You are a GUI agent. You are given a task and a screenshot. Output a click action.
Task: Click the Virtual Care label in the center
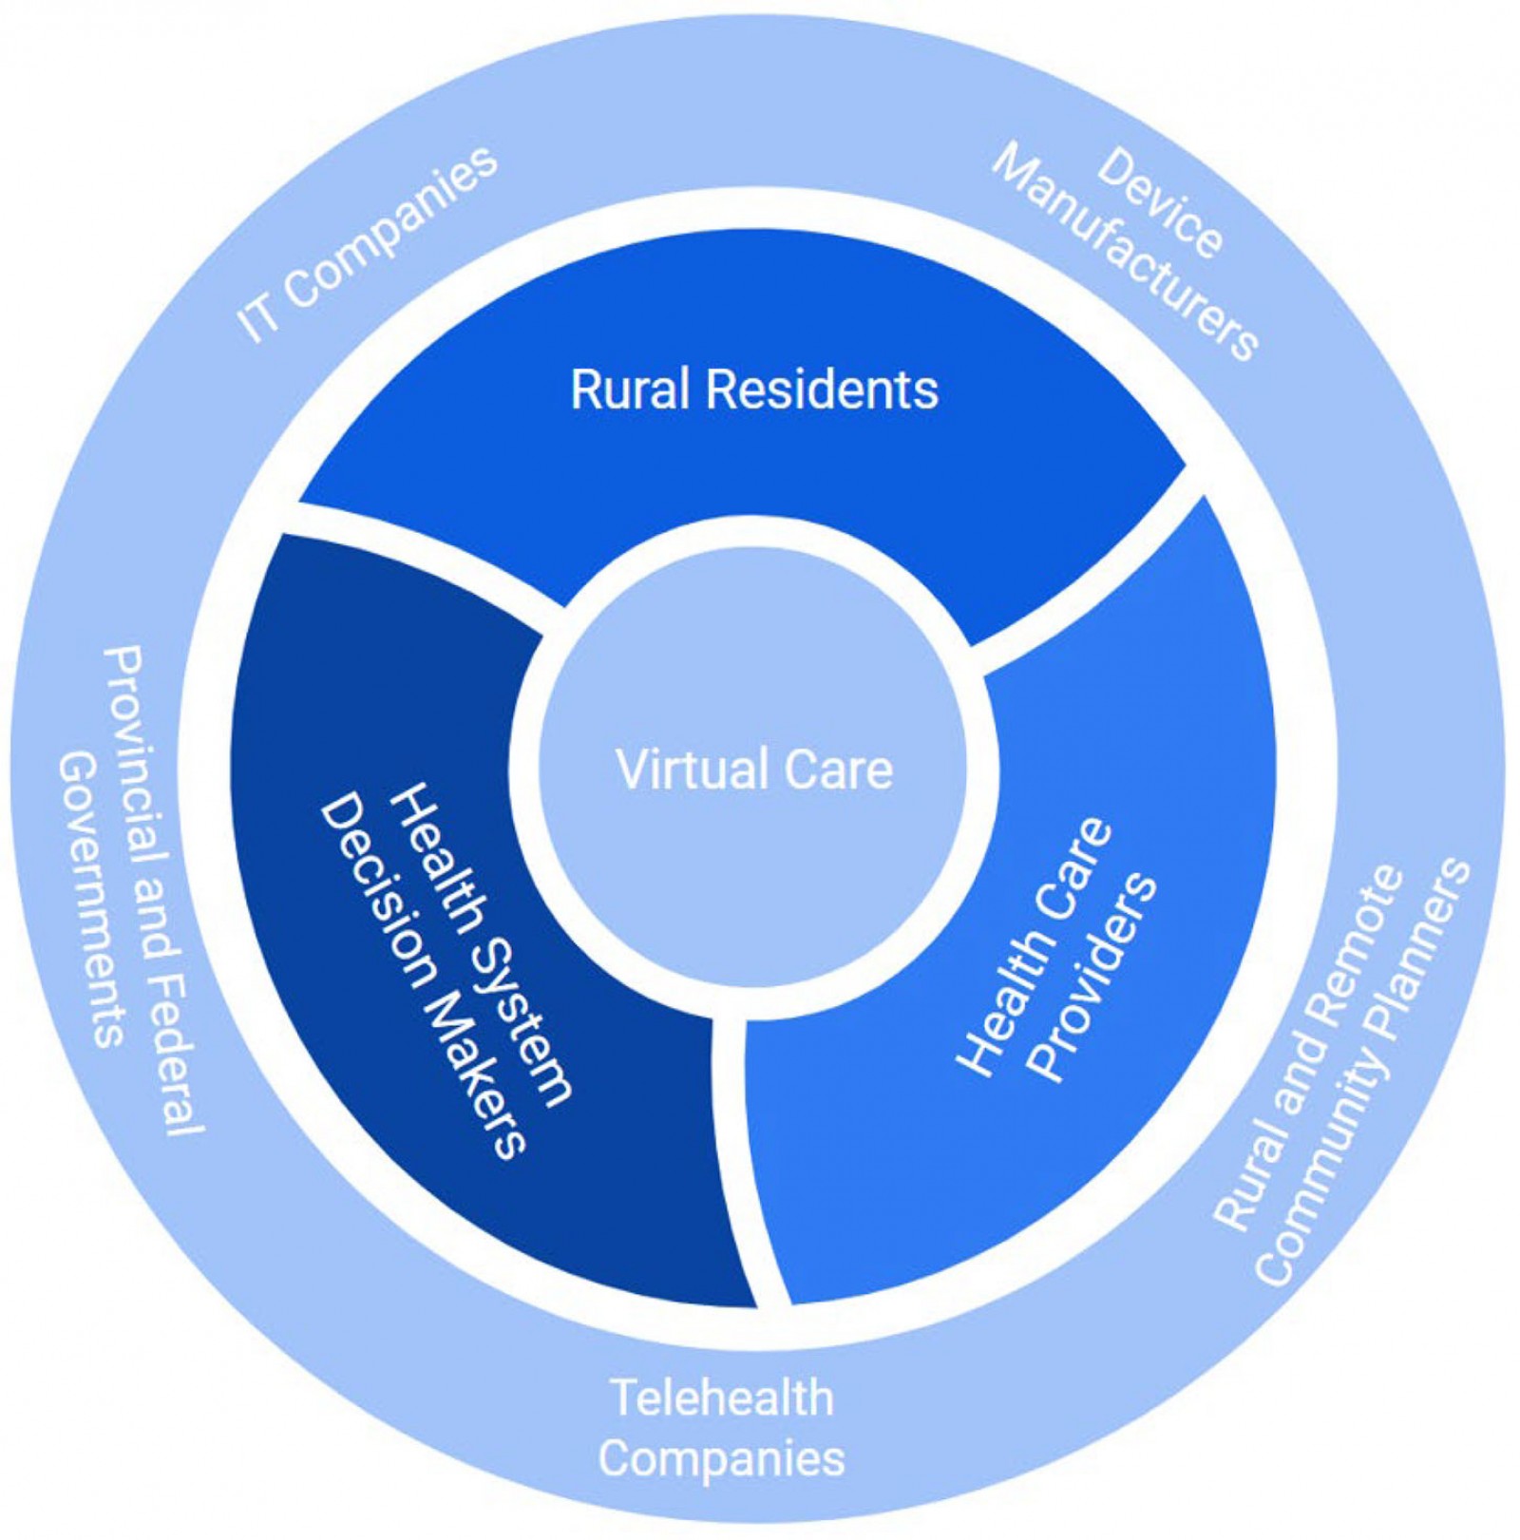click(754, 770)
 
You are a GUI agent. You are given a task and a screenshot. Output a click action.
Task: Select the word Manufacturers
click(1125, 252)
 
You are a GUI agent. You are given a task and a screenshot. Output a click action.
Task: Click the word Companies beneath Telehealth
click(722, 1458)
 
